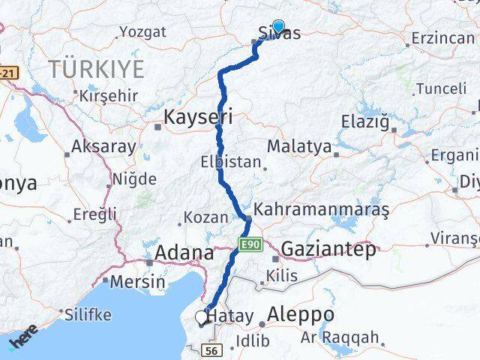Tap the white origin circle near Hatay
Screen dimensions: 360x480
point(201,317)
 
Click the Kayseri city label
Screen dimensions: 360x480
point(198,116)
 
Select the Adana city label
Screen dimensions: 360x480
point(184,253)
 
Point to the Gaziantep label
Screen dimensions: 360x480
point(328,250)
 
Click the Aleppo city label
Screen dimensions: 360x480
point(301,314)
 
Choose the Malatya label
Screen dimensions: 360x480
point(298,146)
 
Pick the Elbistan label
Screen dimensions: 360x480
point(230,161)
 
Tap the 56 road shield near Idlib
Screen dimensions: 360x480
point(212,350)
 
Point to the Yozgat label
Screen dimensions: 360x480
point(142,31)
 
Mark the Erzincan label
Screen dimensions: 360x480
point(442,37)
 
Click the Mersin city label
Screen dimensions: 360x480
point(137,282)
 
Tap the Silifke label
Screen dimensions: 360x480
point(88,314)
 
